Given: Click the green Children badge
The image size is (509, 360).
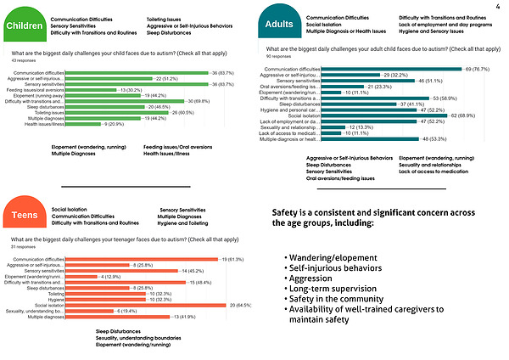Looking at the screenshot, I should (x=25, y=25).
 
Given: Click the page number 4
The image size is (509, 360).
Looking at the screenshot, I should (x=496, y=7).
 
